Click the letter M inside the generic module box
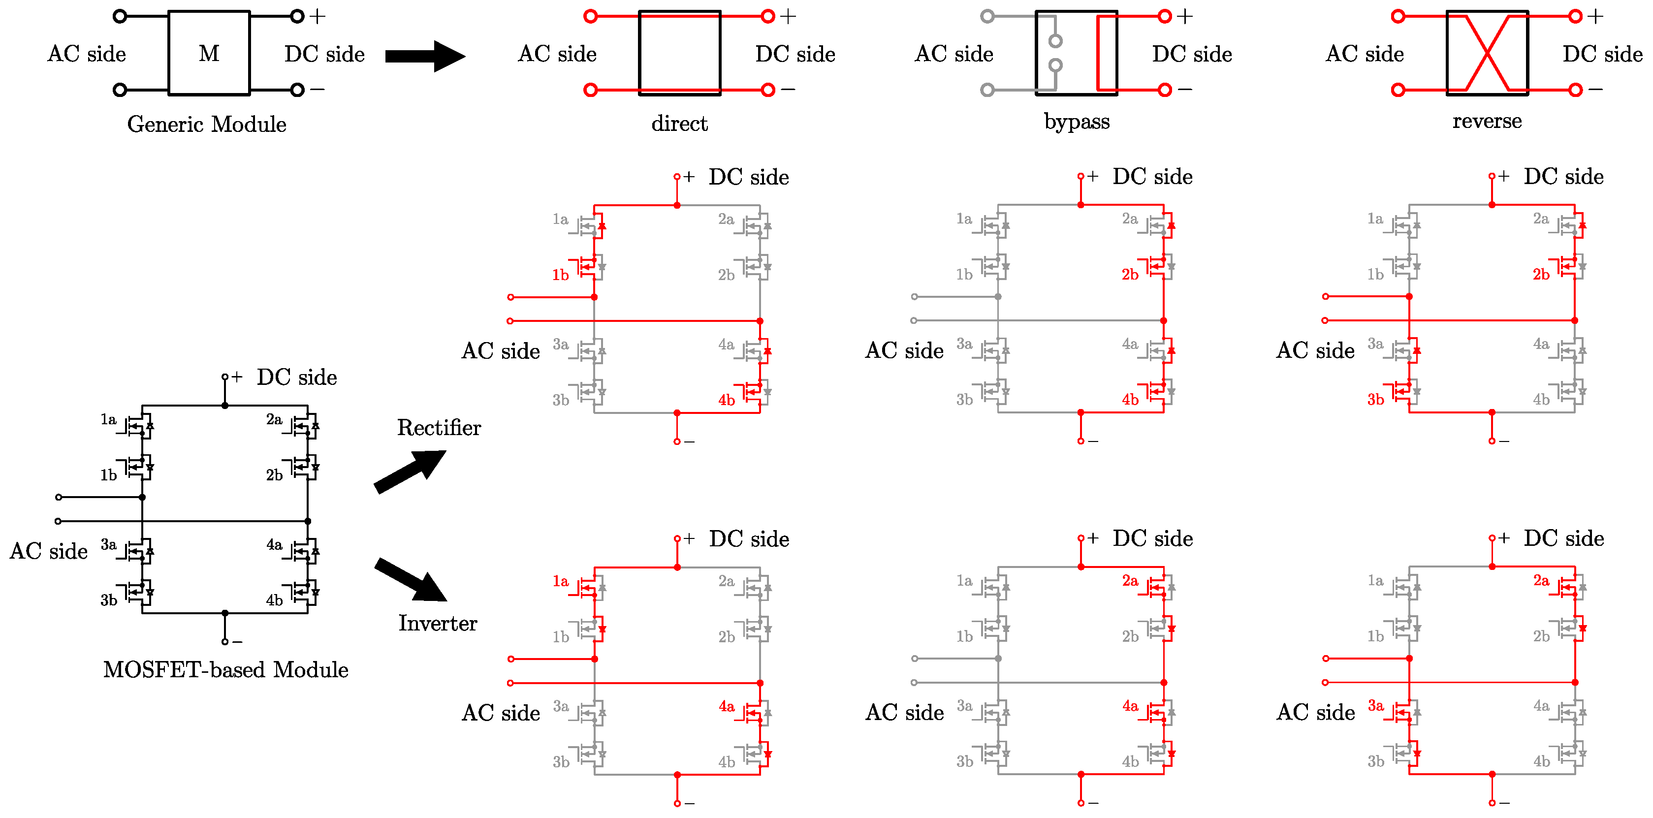pyautogui.click(x=209, y=53)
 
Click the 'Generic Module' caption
pyautogui.click(x=207, y=124)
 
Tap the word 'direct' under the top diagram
pyautogui.click(x=679, y=123)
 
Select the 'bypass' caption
pyautogui.click(x=1076, y=121)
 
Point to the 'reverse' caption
pyautogui.click(x=1486, y=121)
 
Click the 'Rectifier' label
pyautogui.click(x=439, y=427)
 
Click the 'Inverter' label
pyautogui.click(x=438, y=623)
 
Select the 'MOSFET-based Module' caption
pyautogui.click(x=226, y=669)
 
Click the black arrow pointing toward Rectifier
pyautogui.click(x=411, y=471)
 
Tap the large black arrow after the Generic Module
pyautogui.click(x=425, y=57)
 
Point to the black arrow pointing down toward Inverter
pyautogui.click(x=411, y=579)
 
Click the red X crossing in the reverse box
pyautogui.click(x=1486, y=53)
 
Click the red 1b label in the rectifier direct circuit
pyautogui.click(x=560, y=275)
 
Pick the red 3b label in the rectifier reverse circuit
pyautogui.click(x=1375, y=400)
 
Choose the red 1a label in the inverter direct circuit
pyautogui.click(x=560, y=581)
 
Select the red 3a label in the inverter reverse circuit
pyautogui.click(x=1375, y=706)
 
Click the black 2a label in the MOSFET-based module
pyautogui.click(x=274, y=420)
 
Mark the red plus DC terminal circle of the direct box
pyautogui.click(x=767, y=17)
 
